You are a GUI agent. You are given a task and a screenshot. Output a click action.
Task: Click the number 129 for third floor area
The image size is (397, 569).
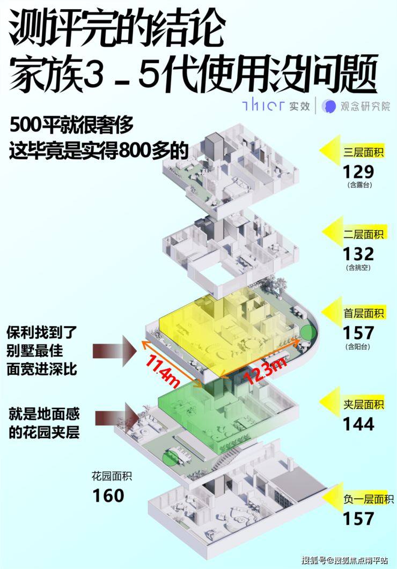[x=358, y=172]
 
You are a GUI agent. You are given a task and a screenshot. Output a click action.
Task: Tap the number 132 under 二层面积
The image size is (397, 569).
[x=358, y=253]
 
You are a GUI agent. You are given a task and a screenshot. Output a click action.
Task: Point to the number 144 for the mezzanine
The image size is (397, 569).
[x=358, y=424]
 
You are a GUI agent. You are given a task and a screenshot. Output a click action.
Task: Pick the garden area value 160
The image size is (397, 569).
[x=108, y=495]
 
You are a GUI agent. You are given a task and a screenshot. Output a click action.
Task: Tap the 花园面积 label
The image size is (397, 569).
[x=112, y=475]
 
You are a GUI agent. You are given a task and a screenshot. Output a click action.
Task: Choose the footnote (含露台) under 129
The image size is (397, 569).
[x=358, y=186]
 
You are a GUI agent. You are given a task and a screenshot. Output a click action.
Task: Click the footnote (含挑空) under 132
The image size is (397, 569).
[x=358, y=267]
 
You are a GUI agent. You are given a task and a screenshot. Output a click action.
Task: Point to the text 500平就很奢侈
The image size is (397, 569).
[x=71, y=127]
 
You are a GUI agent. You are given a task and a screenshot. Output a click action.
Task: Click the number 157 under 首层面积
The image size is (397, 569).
[x=358, y=332]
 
